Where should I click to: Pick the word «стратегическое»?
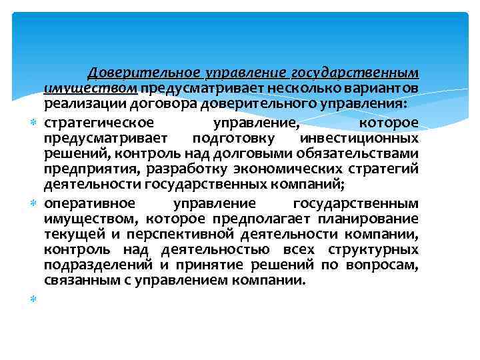[99, 123]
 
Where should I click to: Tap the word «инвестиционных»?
[359, 139]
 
